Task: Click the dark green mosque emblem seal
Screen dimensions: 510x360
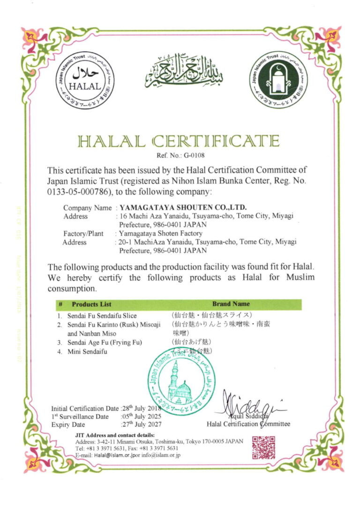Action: pyautogui.click(x=278, y=80)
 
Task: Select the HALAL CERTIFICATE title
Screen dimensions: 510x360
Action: pyautogui.click(x=179, y=141)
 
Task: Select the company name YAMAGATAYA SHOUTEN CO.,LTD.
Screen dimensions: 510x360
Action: pyautogui.click(x=183, y=207)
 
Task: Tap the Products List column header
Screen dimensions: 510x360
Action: pyautogui.click(x=92, y=304)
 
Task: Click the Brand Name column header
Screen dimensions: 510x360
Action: pyautogui.click(x=231, y=304)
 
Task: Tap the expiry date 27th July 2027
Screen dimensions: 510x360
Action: pyautogui.click(x=141, y=425)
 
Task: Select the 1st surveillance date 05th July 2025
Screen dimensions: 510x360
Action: pyautogui.click(x=141, y=416)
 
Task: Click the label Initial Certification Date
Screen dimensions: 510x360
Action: pyautogui.click(x=85, y=408)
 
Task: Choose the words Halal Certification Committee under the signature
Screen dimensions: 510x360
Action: pyautogui.click(x=248, y=424)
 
